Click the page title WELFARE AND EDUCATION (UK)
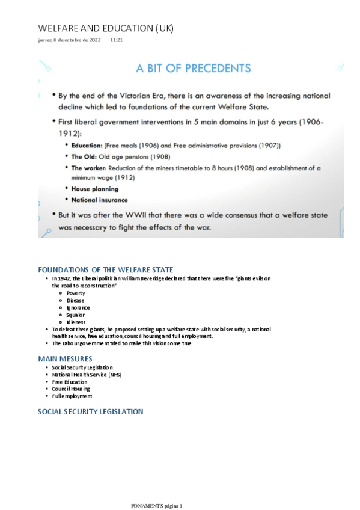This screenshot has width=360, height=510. pos(105,28)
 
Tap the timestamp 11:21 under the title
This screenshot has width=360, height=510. pos(117,40)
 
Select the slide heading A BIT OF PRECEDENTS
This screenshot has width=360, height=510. pos(193,68)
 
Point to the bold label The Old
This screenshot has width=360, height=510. pos(84,156)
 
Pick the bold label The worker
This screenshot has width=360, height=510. pos(90,168)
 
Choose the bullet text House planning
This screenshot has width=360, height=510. pos(94,189)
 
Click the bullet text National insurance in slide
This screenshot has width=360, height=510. pos(99,200)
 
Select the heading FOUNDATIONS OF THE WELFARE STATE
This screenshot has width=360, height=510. pos(114,269)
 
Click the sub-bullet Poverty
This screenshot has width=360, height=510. pos(76,293)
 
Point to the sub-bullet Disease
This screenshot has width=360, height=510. pos(76,300)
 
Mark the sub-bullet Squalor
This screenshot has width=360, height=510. pos(76,315)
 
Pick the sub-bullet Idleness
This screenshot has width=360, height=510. pos(76,322)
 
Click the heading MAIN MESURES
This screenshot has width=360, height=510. pos(65,358)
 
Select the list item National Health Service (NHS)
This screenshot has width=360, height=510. pos(86,375)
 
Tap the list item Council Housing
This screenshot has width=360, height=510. pos(70,389)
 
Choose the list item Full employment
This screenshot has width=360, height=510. pos(72,396)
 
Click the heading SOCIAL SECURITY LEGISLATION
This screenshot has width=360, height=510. pos(90,412)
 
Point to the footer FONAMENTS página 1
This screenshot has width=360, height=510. pos(156,506)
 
